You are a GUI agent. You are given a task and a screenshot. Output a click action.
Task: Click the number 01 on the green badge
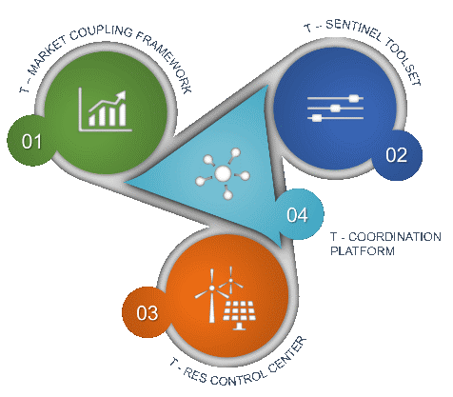31,142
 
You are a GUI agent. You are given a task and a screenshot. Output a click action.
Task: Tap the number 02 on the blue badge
396,155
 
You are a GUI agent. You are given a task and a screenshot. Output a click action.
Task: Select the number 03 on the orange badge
148,313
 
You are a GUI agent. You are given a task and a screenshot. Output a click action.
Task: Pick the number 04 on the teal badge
297,215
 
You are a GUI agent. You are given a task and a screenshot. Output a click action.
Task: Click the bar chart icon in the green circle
105,109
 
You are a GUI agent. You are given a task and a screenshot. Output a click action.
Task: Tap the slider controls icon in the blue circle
335,109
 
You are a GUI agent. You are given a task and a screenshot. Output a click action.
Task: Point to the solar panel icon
239,314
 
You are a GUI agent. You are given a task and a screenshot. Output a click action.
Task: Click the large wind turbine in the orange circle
211,296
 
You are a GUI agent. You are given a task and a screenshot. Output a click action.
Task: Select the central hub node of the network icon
223,173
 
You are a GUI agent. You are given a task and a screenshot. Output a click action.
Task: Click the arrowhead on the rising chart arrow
121,96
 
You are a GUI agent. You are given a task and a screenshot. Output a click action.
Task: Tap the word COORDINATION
395,237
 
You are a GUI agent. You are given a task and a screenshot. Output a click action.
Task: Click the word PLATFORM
363,250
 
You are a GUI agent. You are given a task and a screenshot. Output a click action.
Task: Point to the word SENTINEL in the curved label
353,30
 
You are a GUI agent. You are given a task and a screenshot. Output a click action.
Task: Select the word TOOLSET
404,62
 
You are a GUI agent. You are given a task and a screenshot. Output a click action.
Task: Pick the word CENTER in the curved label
288,353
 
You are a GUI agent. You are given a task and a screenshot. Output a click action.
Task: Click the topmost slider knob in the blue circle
354,98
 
